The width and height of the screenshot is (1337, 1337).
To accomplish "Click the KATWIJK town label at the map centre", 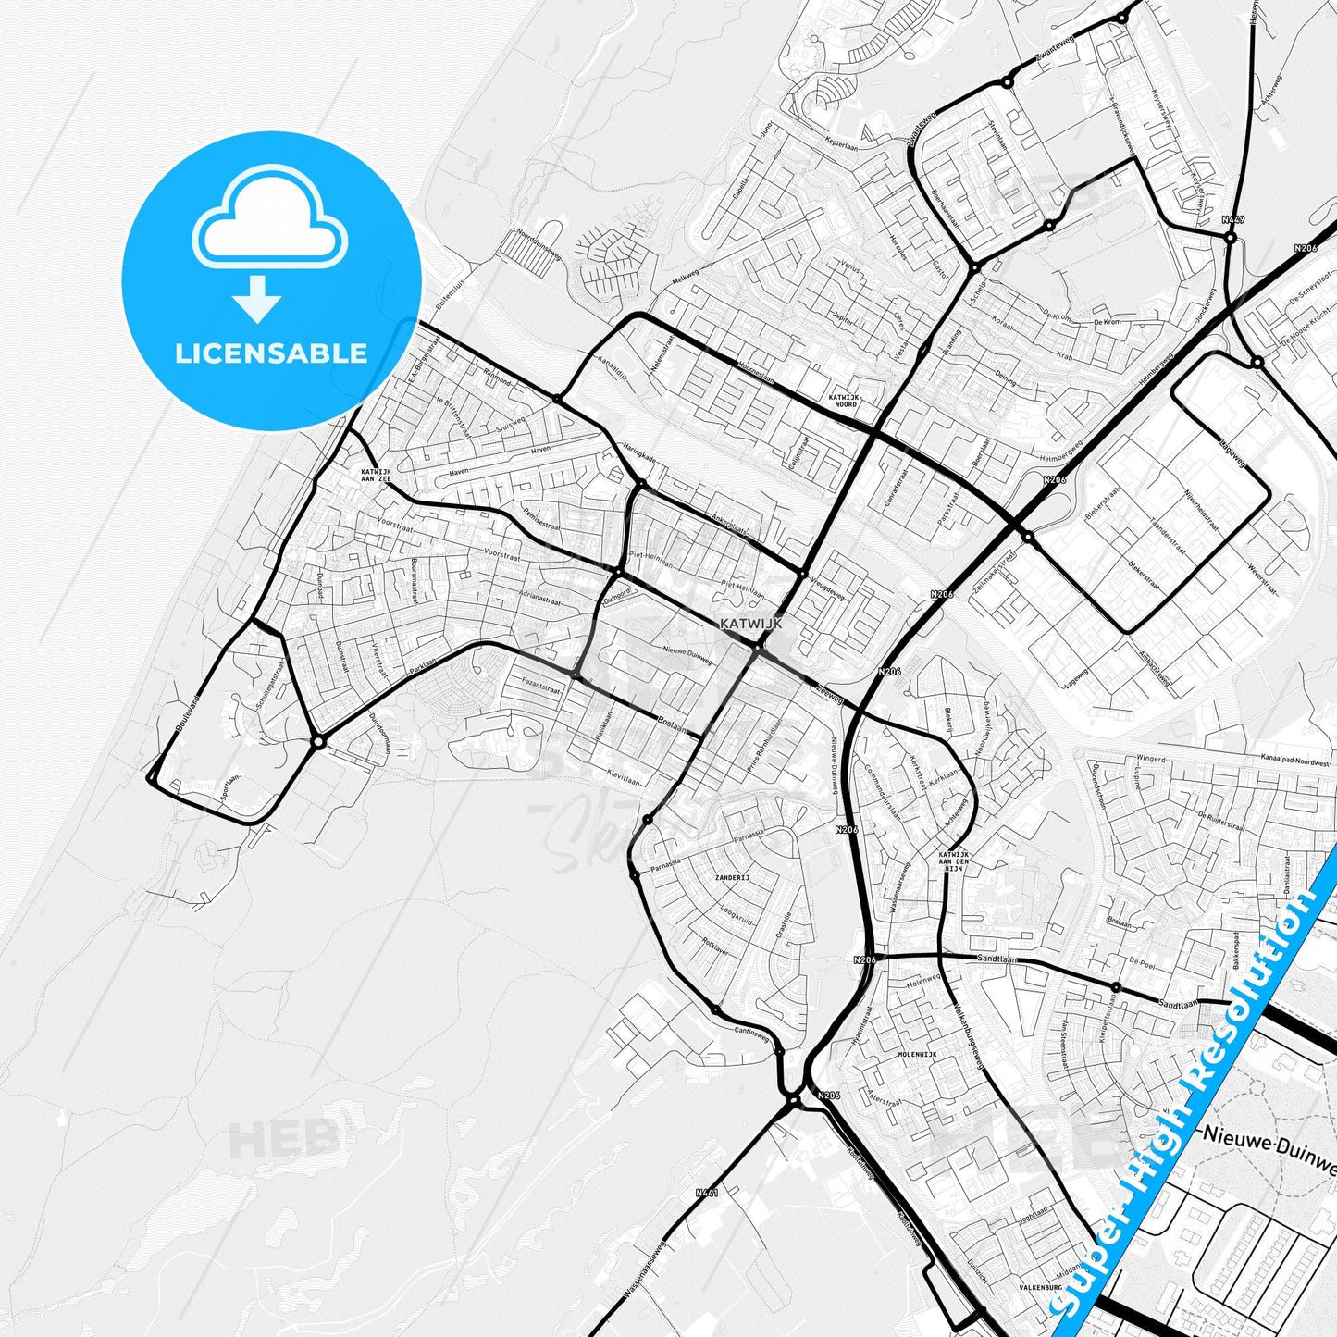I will pos(750,624).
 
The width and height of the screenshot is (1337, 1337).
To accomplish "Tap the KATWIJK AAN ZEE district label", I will pos(376,475).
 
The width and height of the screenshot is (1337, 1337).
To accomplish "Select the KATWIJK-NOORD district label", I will pos(844,400).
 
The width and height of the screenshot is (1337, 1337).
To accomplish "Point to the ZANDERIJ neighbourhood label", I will pos(732,876).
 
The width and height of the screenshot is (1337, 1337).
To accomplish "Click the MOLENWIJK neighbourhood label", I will pos(917,1054).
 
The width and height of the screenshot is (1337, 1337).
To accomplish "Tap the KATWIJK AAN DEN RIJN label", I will pos(954,860).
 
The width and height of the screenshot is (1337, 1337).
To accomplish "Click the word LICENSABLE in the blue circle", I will pos(271,353).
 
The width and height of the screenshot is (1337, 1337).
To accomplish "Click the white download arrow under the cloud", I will pos(257,299).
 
